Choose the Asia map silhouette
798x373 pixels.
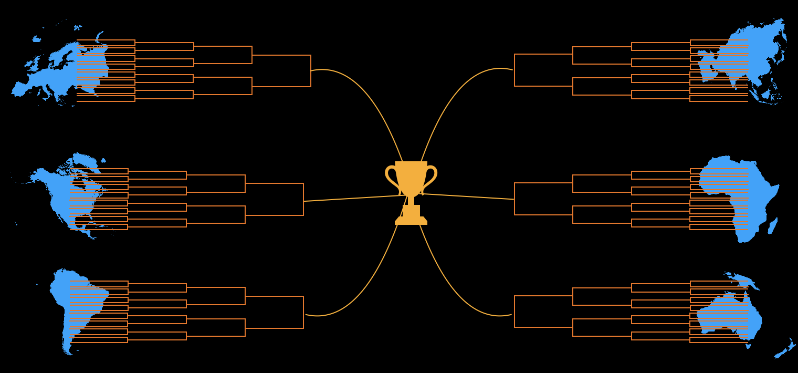pyautogui.click(x=756, y=53)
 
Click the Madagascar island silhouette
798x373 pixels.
pyautogui.click(x=773, y=226)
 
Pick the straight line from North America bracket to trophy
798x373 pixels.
pyautogui.click(x=352, y=199)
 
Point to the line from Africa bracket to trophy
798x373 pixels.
pyautogui.click(x=467, y=196)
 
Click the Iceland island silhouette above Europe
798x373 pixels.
pyautogui.click(x=36, y=39)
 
